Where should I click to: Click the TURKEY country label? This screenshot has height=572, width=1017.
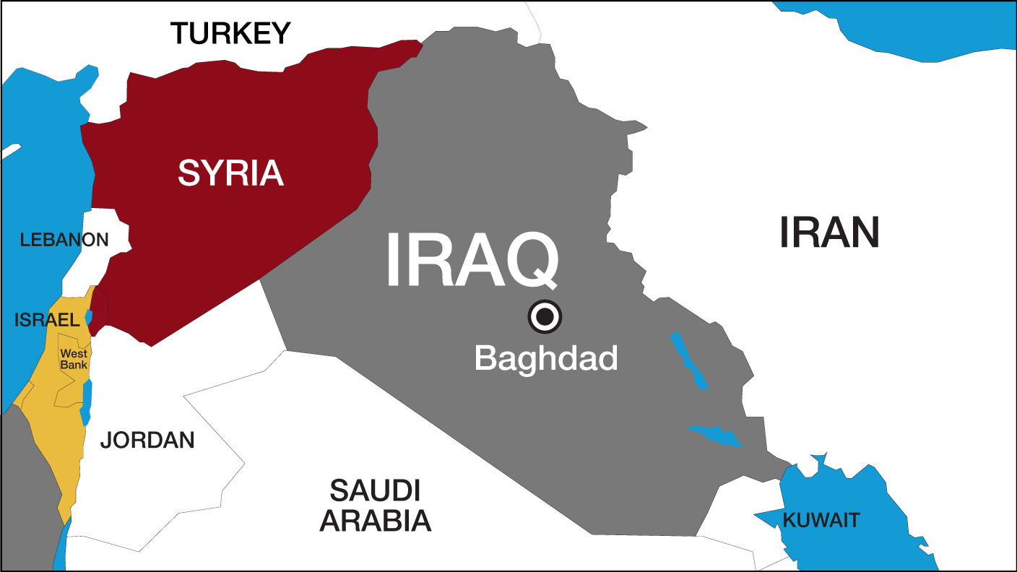pyautogui.click(x=230, y=33)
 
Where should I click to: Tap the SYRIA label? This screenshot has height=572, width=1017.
pyautogui.click(x=230, y=173)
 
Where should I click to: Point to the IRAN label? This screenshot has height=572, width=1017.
pyautogui.click(x=829, y=233)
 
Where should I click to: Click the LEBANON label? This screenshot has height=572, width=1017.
pyautogui.click(x=64, y=240)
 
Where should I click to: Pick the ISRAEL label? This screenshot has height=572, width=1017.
pyautogui.click(x=46, y=319)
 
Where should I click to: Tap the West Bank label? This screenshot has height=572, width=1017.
pyautogui.click(x=74, y=359)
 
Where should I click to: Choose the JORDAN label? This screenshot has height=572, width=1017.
pyautogui.click(x=147, y=440)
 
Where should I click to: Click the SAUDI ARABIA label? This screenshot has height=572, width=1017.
pyautogui.click(x=376, y=505)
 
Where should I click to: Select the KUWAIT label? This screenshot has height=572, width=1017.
pyautogui.click(x=822, y=519)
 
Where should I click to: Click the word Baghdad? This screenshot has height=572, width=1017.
pyautogui.click(x=546, y=357)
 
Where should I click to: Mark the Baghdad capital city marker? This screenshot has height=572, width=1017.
pyautogui.click(x=545, y=316)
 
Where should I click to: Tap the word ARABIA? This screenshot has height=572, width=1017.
pyautogui.click(x=376, y=520)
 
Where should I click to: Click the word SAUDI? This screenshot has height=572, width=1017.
pyautogui.click(x=376, y=490)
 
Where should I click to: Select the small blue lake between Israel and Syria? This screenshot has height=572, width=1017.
pyautogui.click(x=89, y=316)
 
